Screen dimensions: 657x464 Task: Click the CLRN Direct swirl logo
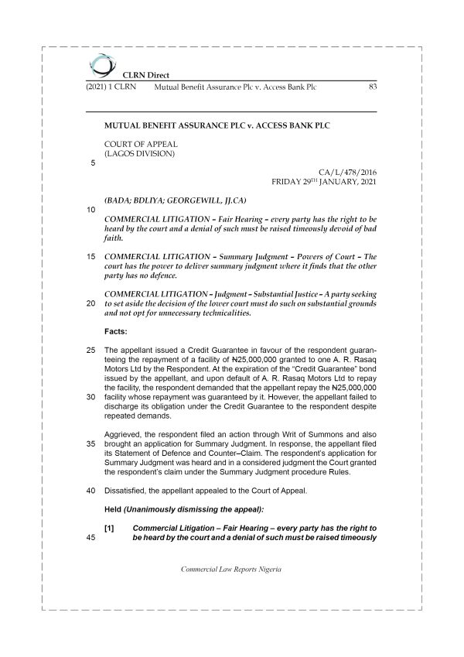[x=101, y=65]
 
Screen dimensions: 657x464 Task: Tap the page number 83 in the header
[x=372, y=87]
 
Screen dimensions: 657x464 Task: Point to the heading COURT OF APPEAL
[x=141, y=143]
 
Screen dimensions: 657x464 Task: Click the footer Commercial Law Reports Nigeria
[x=230, y=569]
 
